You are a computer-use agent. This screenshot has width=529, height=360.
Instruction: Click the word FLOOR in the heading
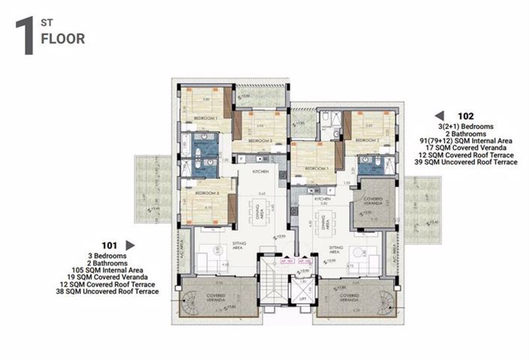coord(62,39)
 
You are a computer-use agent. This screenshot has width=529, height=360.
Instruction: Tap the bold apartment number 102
coord(465,116)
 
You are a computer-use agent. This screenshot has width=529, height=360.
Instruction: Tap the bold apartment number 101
coord(110,244)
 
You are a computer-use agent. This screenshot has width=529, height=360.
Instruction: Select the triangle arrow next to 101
coord(130,244)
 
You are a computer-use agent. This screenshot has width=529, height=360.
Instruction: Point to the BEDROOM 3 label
coord(206,193)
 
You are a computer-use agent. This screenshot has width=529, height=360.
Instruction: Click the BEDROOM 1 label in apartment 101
coord(206,118)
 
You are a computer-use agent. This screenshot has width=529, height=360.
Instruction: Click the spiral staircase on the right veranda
coord(385,301)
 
